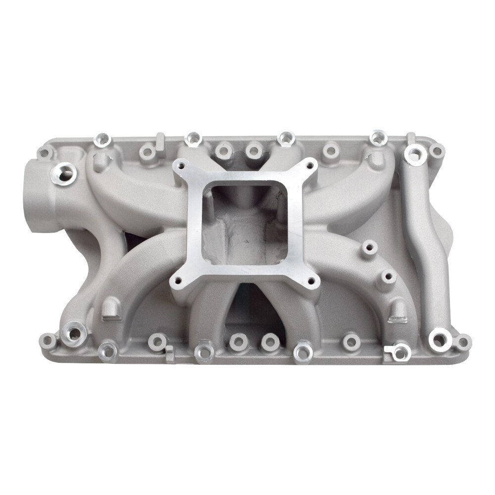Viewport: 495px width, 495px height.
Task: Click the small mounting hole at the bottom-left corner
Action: click(48, 341)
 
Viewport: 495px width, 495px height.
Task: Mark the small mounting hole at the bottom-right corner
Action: click(462, 342)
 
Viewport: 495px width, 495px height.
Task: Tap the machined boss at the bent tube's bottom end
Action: click(439, 340)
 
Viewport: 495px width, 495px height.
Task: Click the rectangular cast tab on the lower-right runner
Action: click(397, 311)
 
